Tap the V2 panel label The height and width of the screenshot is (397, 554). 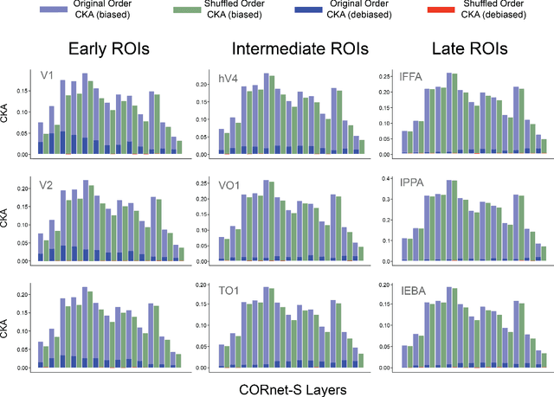pyautogui.click(x=49, y=185)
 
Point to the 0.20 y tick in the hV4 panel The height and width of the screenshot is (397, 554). pyautogui.click(x=201, y=85)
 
